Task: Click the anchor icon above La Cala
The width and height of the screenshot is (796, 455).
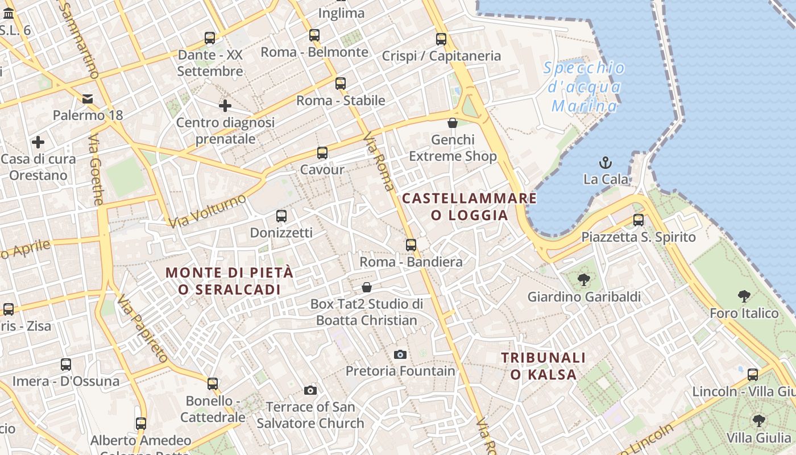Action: [606, 162]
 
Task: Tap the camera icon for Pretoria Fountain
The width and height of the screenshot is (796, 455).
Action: [400, 354]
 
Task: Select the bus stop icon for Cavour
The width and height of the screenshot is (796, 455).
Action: [322, 152]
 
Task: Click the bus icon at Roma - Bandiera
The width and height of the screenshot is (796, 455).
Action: [411, 245]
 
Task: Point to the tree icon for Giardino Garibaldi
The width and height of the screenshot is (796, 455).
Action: [583, 280]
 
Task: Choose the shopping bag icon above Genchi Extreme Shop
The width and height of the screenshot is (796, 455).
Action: [453, 123]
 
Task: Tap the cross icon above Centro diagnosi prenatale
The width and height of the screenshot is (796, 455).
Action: [225, 106]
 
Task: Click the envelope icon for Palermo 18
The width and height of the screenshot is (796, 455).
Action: [88, 99]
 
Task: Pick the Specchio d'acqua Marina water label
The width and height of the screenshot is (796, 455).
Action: [584, 87]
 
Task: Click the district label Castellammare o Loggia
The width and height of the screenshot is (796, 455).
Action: [470, 206]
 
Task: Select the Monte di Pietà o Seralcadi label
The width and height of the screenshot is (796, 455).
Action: [230, 281]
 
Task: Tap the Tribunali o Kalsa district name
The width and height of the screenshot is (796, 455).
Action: [543, 366]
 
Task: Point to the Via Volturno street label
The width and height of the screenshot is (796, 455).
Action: [208, 210]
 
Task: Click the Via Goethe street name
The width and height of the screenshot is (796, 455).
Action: [97, 169]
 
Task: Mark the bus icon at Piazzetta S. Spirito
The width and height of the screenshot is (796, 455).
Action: [639, 220]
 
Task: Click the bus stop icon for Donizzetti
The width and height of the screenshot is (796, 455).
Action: [281, 216]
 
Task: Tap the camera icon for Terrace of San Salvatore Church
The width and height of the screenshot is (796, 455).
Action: [310, 390]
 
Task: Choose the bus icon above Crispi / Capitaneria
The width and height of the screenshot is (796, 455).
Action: [441, 39]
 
